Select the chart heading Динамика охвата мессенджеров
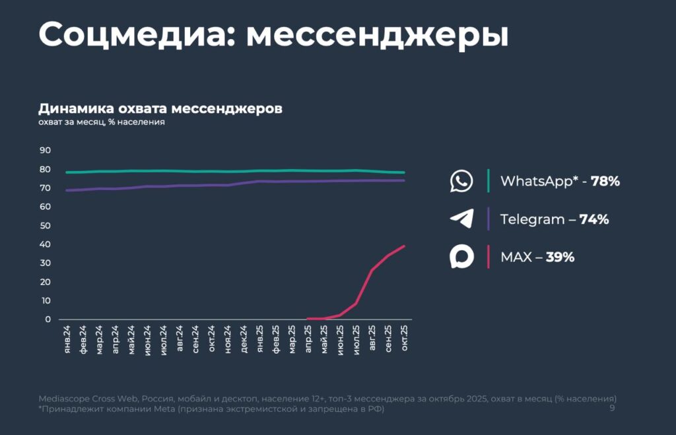point(160,108)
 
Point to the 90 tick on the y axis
point(45,151)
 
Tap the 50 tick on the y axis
point(45,226)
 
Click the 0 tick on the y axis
point(48,319)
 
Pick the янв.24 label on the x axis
point(67,340)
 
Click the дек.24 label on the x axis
point(244,340)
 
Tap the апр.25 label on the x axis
point(308,340)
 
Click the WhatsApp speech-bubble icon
point(461,181)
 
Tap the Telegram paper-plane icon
point(461,219)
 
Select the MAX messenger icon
point(461,257)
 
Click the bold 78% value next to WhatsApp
point(605,181)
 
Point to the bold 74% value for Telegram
point(594,219)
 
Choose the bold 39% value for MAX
point(560,257)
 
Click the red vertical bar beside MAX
point(489,257)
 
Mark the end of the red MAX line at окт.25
point(404,246)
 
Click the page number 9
point(612,409)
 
